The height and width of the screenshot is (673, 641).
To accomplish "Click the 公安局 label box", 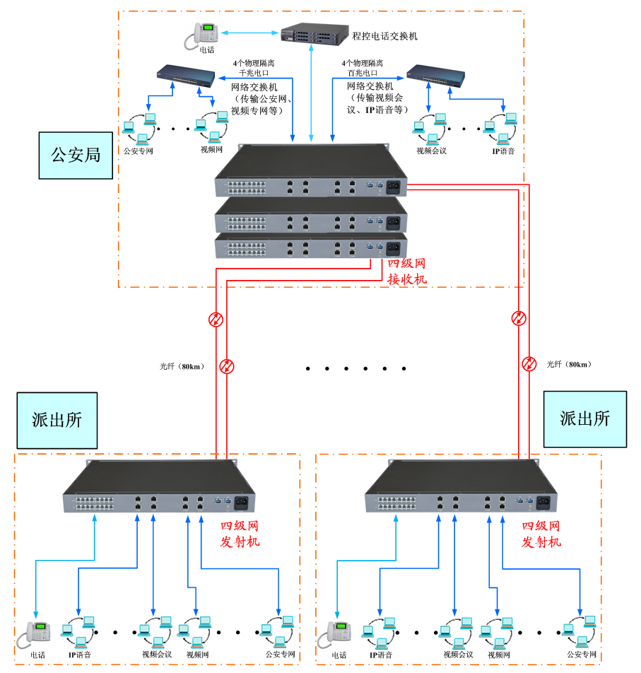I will point(76,154).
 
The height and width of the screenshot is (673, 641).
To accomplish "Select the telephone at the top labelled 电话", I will point(204,35).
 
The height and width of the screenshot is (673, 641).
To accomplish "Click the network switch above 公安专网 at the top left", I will point(186,76).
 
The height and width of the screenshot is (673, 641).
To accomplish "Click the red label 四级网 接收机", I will point(407,271).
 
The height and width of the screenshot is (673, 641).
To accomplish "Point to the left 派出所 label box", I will point(57,420).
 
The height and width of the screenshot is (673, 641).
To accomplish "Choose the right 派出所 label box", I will point(584,419).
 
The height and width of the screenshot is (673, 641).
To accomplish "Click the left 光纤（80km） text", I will point(182,366).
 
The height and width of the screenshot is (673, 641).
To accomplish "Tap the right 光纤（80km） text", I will point(569,364).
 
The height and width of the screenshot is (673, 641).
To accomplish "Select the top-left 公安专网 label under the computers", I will point(139,151).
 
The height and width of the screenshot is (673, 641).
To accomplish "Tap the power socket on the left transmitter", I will point(240,503).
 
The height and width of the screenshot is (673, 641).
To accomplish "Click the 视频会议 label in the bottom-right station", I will point(458,655).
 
